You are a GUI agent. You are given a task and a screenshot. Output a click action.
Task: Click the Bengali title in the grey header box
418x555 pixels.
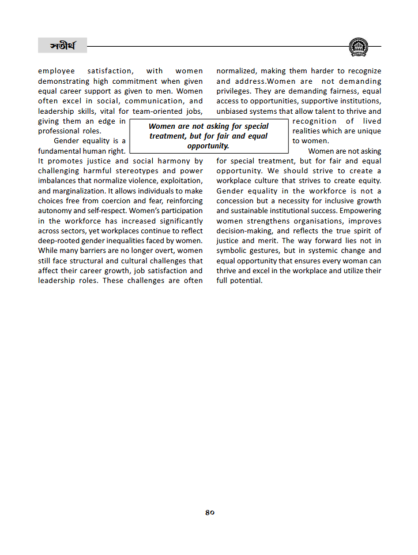pos(62,46)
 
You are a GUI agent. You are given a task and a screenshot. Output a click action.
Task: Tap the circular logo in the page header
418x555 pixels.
pos(359,46)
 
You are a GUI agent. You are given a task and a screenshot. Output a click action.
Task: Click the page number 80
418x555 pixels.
pos(209,512)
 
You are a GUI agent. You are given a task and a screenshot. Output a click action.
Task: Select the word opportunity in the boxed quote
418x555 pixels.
pos(208,146)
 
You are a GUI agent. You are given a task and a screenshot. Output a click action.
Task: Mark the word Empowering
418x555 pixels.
pos(359,211)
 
